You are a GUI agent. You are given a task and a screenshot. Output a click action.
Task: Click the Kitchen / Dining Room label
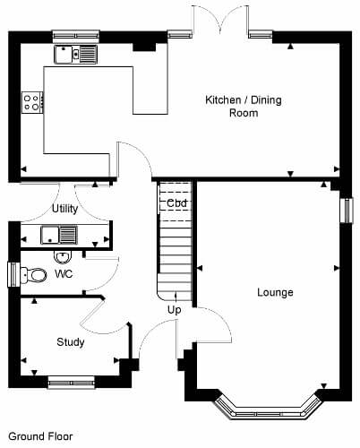pos(244,107)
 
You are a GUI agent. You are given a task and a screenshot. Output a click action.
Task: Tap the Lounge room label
pos(275,292)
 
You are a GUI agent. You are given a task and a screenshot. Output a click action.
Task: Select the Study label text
pos(71,342)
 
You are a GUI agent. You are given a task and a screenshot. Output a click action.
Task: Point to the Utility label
pos(65,209)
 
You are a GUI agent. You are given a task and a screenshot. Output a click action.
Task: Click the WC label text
pos(64,273)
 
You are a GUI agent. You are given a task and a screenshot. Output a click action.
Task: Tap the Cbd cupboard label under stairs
pos(176,203)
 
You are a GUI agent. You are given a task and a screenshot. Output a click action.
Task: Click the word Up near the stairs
pos(175,310)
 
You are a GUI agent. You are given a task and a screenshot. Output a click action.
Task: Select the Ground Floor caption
pos(40,436)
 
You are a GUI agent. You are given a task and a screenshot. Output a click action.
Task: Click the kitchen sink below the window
pos(76,55)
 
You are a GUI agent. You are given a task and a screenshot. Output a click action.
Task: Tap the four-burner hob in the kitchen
pos(32,102)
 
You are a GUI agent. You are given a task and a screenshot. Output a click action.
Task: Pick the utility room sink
pos(59,235)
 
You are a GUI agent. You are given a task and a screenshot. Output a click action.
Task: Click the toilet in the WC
pos(34,275)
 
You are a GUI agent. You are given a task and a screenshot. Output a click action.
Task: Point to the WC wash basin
pos(63,257)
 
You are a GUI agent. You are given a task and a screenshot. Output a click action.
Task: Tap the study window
pos(72,383)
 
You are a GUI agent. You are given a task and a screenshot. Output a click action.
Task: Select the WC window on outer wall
pos(13,274)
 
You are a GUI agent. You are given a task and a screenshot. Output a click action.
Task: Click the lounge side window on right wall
pos(347,211)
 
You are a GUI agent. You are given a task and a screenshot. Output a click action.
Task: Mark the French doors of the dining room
pos(220,21)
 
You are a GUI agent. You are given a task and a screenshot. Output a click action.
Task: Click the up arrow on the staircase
pos(176,297)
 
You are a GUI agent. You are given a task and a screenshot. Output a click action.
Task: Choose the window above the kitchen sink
pos(76,37)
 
